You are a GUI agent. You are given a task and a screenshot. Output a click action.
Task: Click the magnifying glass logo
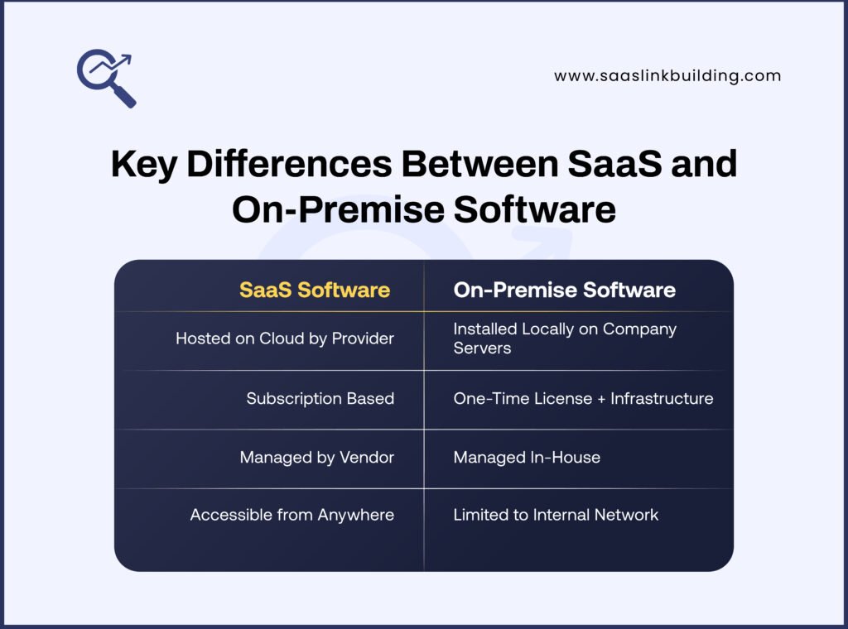105,78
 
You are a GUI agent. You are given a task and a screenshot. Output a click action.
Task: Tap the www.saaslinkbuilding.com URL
667,76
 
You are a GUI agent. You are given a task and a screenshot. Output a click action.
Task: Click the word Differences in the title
289,165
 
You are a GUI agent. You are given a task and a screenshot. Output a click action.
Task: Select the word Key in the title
143,165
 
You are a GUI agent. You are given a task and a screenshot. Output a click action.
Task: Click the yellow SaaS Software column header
315,290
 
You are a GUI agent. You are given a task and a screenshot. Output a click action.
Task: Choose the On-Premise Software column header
564,290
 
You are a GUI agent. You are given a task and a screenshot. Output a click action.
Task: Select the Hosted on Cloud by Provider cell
284,339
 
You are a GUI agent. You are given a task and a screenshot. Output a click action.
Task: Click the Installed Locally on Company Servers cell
565,339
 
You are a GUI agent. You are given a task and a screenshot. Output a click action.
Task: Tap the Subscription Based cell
320,398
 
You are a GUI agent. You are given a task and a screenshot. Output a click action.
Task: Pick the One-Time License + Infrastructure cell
583,398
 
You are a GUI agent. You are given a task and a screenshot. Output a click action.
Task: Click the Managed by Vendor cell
316,457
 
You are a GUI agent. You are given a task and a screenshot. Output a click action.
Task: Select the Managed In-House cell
527,457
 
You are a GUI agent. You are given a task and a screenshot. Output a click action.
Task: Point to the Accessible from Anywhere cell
291,515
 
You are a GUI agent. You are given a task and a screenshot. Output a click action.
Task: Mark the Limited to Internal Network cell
556,515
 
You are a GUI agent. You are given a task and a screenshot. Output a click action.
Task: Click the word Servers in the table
482,348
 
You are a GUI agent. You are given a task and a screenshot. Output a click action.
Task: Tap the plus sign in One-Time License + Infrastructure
600,399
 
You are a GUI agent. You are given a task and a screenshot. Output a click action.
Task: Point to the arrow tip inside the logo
128,58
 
